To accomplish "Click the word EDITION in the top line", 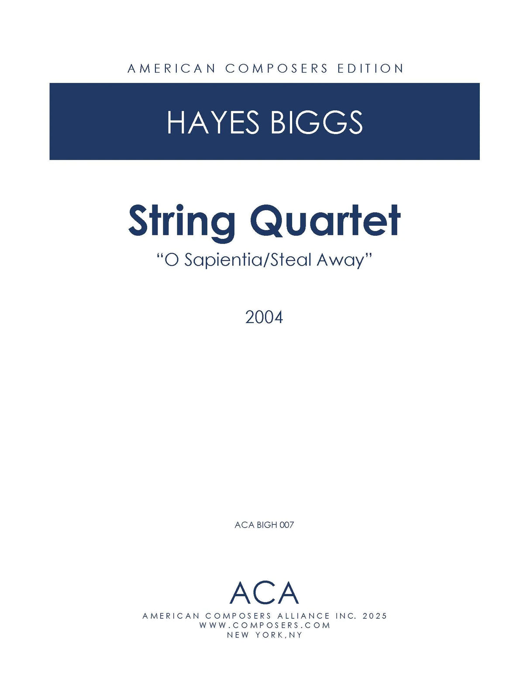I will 370,69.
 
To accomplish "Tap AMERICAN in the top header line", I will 172,69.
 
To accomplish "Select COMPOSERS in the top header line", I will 276,69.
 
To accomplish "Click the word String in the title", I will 182,221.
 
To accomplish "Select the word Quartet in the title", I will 325,221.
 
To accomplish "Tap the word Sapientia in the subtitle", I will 222,260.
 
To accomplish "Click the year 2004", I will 264,317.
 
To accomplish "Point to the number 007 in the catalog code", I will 286,525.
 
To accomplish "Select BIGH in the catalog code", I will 267,525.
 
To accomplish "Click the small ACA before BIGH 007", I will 244,525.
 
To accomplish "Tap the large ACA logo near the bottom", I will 264,593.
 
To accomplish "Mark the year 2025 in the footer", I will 375,616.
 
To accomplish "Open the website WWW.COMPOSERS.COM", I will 265,625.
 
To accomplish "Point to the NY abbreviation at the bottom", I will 296,635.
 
